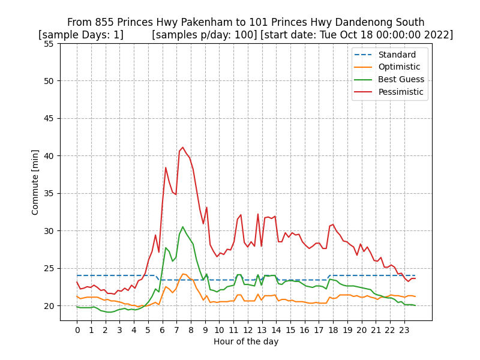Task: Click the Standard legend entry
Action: pyautogui.click(x=397, y=55)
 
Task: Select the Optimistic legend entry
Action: pyautogui.click(x=399, y=67)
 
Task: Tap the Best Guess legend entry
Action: pyautogui.click(x=401, y=79)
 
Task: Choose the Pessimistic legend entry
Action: pyautogui.click(x=401, y=92)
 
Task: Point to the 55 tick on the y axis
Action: pyautogui.click(x=49, y=44)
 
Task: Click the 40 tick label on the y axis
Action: pyautogui.click(x=49, y=156)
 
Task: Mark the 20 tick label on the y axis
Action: pyautogui.click(x=49, y=306)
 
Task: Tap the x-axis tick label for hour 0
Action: pyautogui.click(x=77, y=329)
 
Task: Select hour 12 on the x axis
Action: pyautogui.click(x=247, y=329)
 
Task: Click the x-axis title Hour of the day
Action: pyautogui.click(x=246, y=341)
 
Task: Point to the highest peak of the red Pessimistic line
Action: pyautogui.click(x=183, y=147)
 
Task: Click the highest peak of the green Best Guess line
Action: pyautogui.click(x=183, y=227)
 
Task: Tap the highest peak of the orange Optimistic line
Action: pyautogui.click(x=183, y=274)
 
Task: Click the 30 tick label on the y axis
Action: pyautogui.click(x=49, y=231)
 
